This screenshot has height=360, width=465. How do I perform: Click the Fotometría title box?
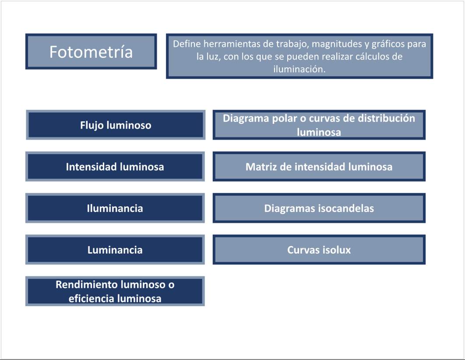pyautogui.click(x=91, y=51)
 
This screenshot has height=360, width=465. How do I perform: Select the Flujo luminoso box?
pyautogui.click(x=116, y=125)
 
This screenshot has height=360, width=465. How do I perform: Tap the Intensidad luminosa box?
pyautogui.click(x=115, y=166)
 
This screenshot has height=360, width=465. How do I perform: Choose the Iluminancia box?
pyautogui.click(x=115, y=208)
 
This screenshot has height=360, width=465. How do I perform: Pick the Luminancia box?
pyautogui.click(x=115, y=249)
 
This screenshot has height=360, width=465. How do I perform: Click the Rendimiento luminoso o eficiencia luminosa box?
pyautogui.click(x=115, y=291)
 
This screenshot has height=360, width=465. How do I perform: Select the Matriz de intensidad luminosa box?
pyautogui.click(x=319, y=166)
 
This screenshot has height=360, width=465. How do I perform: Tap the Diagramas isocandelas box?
pyautogui.click(x=319, y=208)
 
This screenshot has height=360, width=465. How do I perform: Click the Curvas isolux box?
pyautogui.click(x=319, y=249)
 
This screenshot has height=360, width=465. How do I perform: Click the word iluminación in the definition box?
pyautogui.click(x=299, y=69)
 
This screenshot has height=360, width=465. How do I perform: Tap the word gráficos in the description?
pyautogui.click(x=388, y=44)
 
